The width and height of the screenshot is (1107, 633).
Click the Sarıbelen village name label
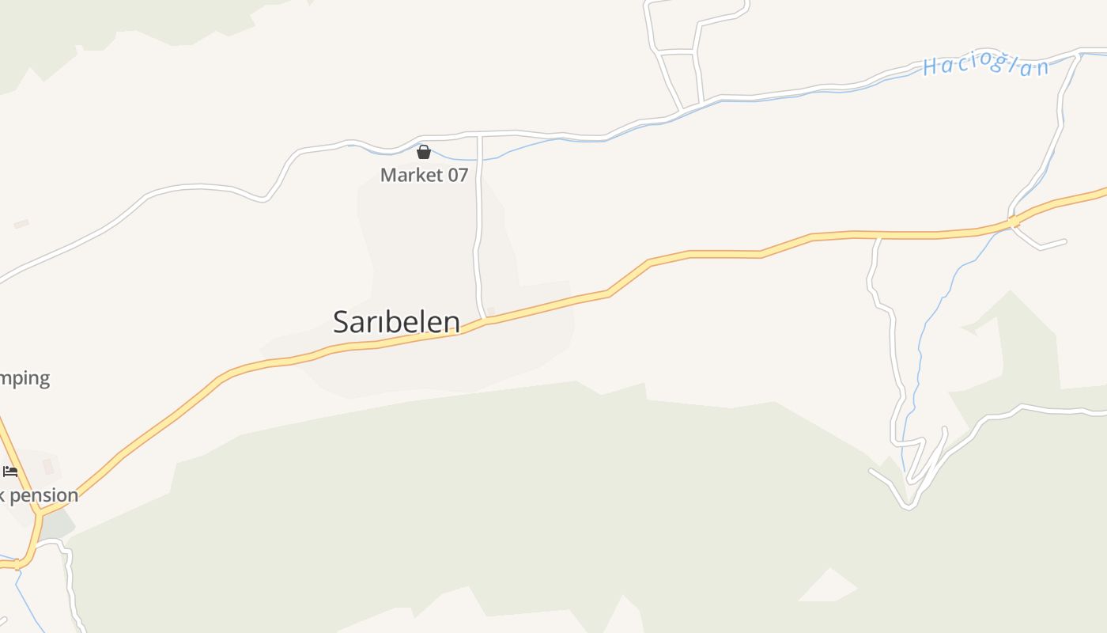pyautogui.click(x=396, y=322)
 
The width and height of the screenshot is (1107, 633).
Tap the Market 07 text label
pyautogui.click(x=424, y=175)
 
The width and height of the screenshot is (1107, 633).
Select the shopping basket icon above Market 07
pyautogui.click(x=424, y=152)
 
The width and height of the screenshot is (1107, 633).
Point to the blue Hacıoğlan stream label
pyautogui.click(x=985, y=66)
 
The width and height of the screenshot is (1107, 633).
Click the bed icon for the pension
pyautogui.click(x=10, y=472)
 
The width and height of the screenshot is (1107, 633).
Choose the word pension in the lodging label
pyautogui.click(x=44, y=495)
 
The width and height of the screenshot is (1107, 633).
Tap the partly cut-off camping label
pyautogui.click(x=25, y=377)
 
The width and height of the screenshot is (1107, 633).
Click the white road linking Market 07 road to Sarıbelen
pyautogui.click(x=477, y=229)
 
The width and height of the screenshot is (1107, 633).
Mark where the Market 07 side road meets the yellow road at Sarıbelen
pyautogui.click(x=483, y=319)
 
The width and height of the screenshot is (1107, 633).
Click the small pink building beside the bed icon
pyautogui.click(x=48, y=466)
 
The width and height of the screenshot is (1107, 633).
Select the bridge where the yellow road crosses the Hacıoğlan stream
pyautogui.click(x=1012, y=222)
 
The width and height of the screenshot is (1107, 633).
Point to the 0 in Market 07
pyautogui.click(x=453, y=175)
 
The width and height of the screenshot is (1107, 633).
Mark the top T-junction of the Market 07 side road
pyautogui.click(x=479, y=135)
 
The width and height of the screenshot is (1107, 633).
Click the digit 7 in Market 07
pyautogui.click(x=463, y=175)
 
